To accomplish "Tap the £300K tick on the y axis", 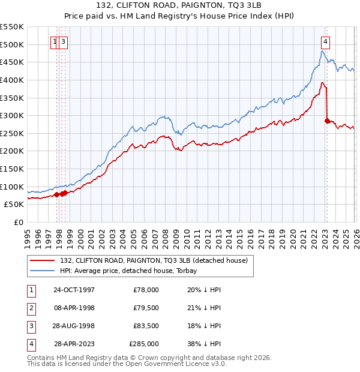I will [x=12, y=115].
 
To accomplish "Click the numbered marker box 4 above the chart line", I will [x=325, y=42].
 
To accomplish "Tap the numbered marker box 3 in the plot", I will [x=64, y=42].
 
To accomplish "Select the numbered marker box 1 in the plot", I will [x=55, y=42].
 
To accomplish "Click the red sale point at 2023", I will [x=327, y=121].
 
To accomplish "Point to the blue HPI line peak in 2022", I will [x=322, y=52].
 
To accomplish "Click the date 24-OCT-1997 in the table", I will [x=74, y=290].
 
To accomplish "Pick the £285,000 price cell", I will [x=144, y=344].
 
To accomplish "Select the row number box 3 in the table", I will [x=31, y=326].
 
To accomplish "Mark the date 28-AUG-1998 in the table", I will [x=74, y=326].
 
